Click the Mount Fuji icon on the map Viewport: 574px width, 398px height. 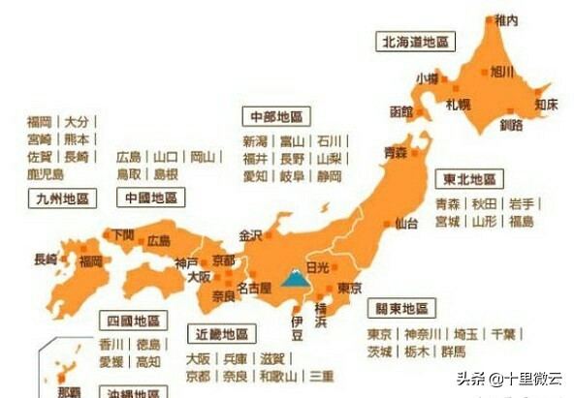[x=293, y=280]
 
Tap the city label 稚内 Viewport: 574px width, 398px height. [x=506, y=19]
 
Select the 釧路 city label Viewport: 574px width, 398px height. [x=511, y=125]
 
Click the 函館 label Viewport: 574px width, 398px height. [x=400, y=111]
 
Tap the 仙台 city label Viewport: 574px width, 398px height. [x=406, y=225]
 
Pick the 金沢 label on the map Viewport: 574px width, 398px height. [x=250, y=235]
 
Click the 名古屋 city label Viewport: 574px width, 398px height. [x=253, y=289]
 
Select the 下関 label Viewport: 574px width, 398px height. [x=121, y=234]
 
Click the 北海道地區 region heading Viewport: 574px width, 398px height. [x=415, y=42]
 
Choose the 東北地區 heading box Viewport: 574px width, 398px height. [x=470, y=179]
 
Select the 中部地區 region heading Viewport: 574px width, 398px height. [x=276, y=116]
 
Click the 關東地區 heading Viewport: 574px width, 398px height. [x=400, y=309]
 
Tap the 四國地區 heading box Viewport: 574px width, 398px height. [x=134, y=321]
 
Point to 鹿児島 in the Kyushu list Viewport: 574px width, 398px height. [x=46, y=174]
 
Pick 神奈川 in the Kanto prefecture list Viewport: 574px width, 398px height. [x=422, y=334]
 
